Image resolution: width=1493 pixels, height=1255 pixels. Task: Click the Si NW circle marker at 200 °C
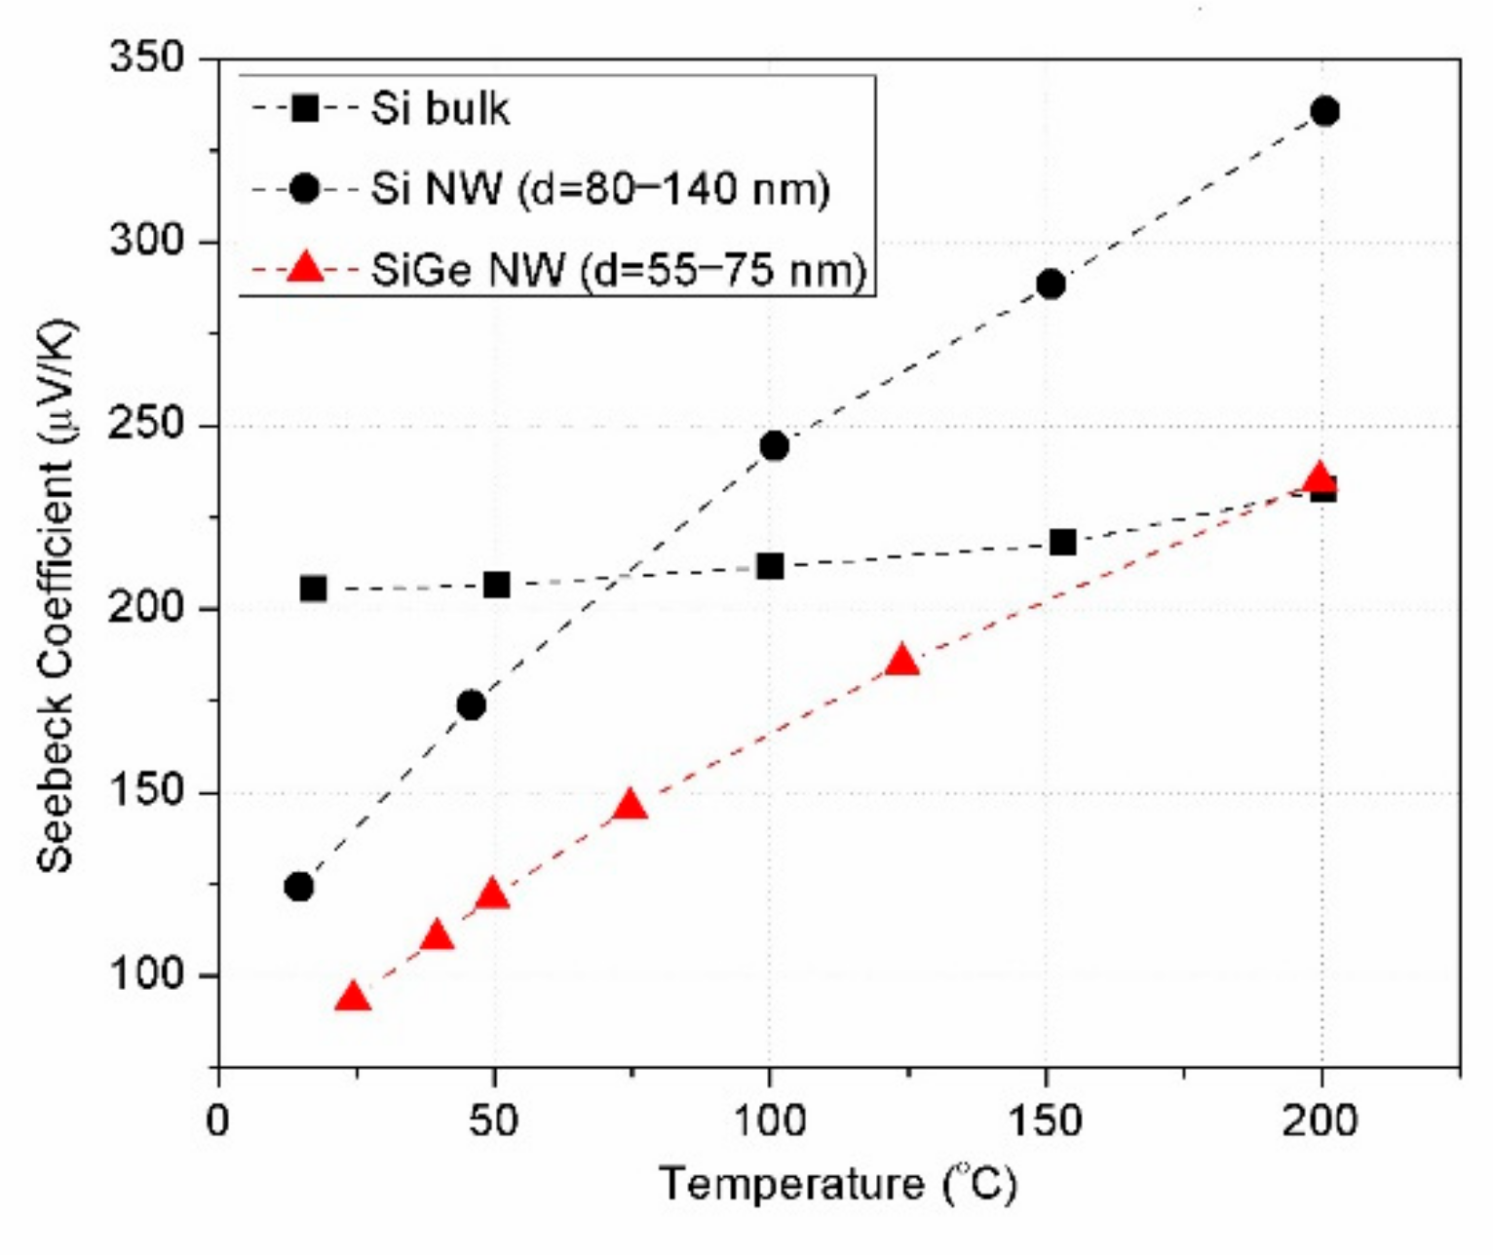click(1324, 111)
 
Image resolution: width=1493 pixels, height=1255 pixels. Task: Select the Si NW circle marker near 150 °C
click(1051, 285)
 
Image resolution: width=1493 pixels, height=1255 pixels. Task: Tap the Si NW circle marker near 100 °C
click(774, 446)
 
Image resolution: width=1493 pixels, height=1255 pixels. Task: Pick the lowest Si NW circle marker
click(299, 887)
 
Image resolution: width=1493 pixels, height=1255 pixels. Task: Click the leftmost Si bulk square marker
click(313, 589)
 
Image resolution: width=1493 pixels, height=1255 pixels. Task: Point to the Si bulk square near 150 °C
click(1063, 542)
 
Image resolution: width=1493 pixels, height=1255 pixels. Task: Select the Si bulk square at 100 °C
click(770, 566)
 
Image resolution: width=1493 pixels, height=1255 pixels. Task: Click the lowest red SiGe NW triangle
click(353, 998)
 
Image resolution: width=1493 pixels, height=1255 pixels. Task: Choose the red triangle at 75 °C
click(631, 806)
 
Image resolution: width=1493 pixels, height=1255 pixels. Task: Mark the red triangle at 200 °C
click(1319, 478)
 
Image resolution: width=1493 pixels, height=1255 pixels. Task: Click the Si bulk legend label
click(440, 108)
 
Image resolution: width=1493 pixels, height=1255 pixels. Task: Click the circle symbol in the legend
click(304, 189)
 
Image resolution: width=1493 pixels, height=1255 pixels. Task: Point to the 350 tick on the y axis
click(146, 58)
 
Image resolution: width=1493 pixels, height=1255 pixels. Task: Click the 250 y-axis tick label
click(146, 426)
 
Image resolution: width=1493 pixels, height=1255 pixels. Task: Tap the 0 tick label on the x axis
click(218, 1121)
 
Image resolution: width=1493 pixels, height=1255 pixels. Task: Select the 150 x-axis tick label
click(1045, 1121)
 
